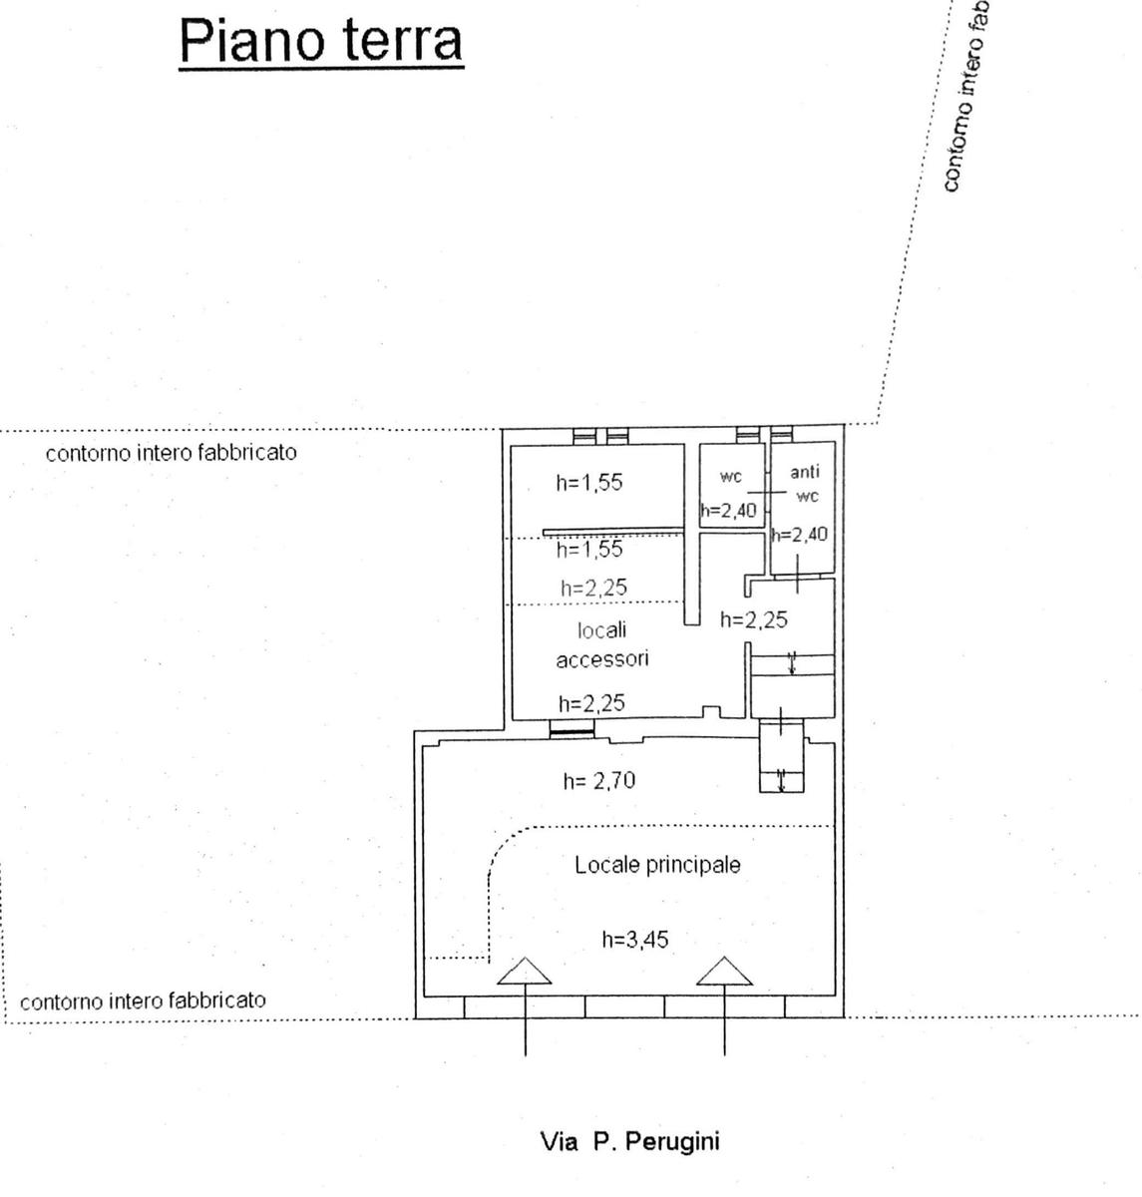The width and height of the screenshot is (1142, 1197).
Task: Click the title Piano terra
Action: pyautogui.click(x=321, y=41)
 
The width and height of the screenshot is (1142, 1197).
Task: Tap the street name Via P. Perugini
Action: pyautogui.click(x=629, y=1141)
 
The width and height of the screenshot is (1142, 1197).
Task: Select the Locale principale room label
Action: pyautogui.click(x=657, y=865)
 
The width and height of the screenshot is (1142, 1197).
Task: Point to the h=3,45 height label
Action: pyautogui.click(x=634, y=939)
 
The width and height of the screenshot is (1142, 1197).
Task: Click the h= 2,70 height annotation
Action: pyautogui.click(x=598, y=781)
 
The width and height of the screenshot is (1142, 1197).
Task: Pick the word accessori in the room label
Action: pyautogui.click(x=602, y=658)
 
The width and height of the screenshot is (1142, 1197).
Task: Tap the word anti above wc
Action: pyautogui.click(x=804, y=472)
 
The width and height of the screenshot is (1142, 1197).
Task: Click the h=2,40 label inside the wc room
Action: pyautogui.click(x=728, y=512)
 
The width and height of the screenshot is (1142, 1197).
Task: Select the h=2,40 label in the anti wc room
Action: pyautogui.click(x=800, y=535)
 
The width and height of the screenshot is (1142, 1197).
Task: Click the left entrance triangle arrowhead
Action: pyautogui.click(x=525, y=971)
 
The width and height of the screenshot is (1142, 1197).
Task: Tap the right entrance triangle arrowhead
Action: pyautogui.click(x=724, y=971)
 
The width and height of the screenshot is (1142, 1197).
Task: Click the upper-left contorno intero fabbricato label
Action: pyautogui.click(x=172, y=452)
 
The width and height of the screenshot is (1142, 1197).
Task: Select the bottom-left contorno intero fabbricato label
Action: pyautogui.click(x=143, y=1000)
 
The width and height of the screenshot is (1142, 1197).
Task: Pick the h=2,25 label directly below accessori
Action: pyautogui.click(x=592, y=703)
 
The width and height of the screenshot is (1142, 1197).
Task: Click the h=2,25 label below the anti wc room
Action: pyautogui.click(x=754, y=619)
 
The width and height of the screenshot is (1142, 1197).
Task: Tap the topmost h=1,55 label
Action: pyautogui.click(x=589, y=483)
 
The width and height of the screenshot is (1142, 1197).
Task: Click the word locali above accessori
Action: pyautogui.click(x=601, y=630)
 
